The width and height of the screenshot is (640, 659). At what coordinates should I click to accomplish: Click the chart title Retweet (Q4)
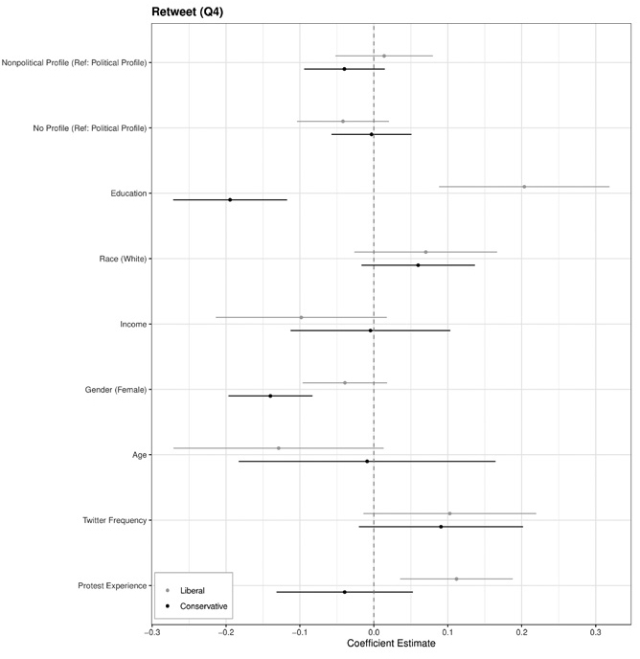point(188,11)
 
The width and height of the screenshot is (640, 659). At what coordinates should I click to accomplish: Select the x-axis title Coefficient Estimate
point(391,644)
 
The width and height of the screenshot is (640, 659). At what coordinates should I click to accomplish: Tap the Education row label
point(128,193)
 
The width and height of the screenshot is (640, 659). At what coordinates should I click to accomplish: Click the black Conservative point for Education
point(230,199)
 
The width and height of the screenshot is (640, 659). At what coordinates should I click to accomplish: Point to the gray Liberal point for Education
point(524,187)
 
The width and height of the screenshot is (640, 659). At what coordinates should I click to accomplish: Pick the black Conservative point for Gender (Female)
point(270,396)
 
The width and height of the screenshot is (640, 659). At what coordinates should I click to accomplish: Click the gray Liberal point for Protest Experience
point(456,579)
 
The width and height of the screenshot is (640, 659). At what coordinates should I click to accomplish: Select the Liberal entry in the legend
point(192,590)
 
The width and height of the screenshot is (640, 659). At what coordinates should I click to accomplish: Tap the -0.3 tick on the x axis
point(152,631)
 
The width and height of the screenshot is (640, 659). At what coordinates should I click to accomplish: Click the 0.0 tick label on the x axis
point(374,631)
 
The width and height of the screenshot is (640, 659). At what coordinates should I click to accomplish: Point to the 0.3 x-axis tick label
point(596,631)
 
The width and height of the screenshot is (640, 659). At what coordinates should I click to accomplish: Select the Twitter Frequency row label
point(115,520)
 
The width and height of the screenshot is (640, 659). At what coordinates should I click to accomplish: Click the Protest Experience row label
point(114,585)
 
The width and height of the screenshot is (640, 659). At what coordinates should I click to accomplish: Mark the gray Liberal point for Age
point(279,448)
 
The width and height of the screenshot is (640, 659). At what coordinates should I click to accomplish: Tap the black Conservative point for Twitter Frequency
point(441,527)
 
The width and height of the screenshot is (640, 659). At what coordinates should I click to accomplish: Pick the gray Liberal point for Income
point(301,317)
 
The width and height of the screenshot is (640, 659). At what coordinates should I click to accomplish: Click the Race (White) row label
point(123,259)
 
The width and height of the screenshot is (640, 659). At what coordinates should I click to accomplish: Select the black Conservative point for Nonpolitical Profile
point(344,69)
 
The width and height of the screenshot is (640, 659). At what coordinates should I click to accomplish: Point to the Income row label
point(133,324)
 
